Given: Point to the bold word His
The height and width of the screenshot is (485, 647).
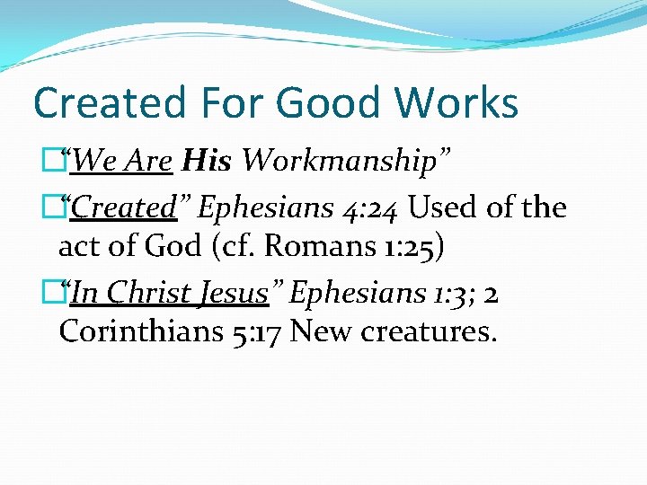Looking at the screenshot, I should tap(207, 162).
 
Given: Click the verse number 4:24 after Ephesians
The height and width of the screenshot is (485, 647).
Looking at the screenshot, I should tap(370, 207).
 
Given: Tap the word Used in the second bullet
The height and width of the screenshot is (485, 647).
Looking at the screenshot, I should tap(439, 207).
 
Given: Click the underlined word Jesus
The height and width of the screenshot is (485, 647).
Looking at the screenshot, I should tap(236, 293).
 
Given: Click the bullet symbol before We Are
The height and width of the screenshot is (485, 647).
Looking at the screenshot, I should tap(62, 162).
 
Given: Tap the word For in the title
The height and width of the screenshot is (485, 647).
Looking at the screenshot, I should tap(228, 102).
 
